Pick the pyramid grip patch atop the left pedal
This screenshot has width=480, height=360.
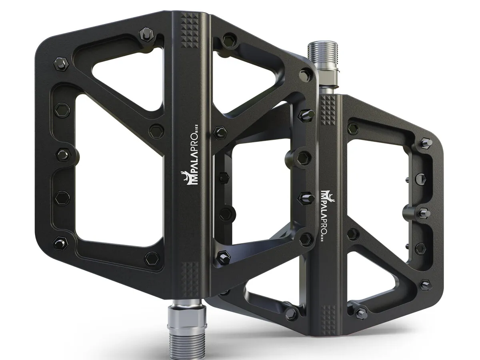coord(190,34)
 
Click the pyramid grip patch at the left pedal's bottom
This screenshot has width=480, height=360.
coord(189,279)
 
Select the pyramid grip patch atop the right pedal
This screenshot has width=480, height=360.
coord(328,111)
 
